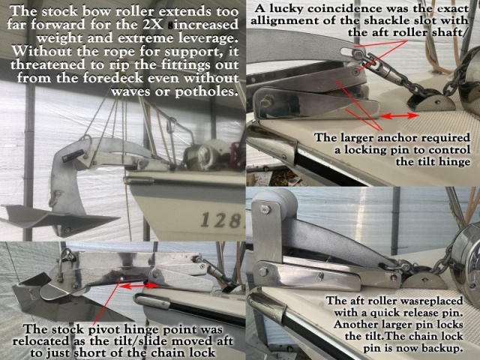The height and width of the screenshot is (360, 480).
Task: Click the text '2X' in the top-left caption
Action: click(153, 25)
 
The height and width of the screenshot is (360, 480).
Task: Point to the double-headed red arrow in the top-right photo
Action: click(399, 115)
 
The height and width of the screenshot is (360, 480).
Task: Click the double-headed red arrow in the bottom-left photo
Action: click(138, 286)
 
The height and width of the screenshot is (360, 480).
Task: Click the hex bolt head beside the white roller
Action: click(265, 210)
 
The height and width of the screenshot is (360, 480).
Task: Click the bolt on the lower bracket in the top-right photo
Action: click(267, 101)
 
